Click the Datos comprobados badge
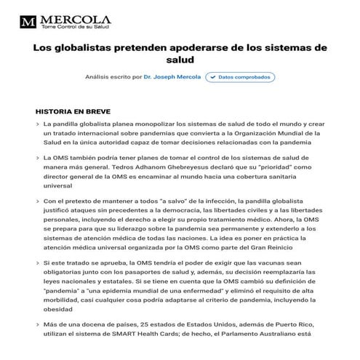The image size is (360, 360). click(239, 76)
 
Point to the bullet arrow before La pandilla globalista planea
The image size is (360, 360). click(37, 124)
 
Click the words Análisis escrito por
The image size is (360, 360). click(112, 76)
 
